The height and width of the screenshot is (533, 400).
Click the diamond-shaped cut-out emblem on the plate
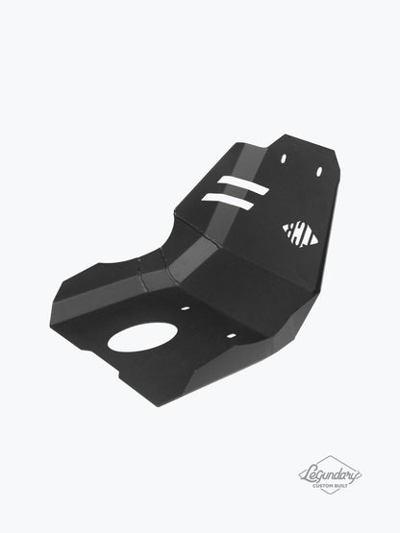300,232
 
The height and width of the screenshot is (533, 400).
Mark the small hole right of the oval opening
231,335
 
